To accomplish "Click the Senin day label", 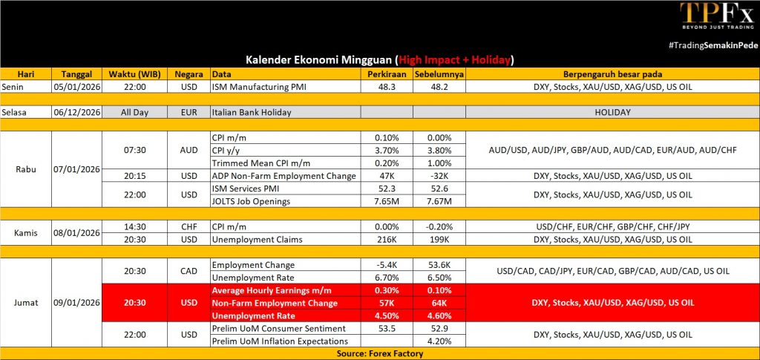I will (x=14, y=86).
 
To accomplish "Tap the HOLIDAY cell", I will (x=612, y=112).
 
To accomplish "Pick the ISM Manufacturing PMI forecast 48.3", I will (x=386, y=86).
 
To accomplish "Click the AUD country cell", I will (x=189, y=150).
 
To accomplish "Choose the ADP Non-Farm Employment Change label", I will (x=284, y=176).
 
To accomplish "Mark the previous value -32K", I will (x=439, y=176).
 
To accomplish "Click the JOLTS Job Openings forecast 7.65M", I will (x=386, y=201).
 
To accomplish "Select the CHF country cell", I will (x=189, y=226).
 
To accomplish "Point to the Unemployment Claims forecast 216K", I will (x=386, y=239).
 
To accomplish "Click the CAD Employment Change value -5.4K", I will (x=386, y=265).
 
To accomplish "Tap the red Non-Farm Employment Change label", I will (x=275, y=303).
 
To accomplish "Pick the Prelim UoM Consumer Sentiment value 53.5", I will (x=386, y=328).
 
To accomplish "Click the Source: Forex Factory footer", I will (x=379, y=353).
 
